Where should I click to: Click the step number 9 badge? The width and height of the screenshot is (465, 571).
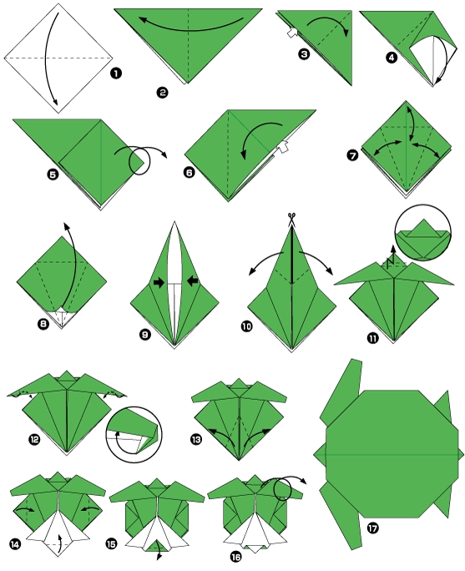(145, 336)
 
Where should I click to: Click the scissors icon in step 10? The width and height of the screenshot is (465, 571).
(292, 219)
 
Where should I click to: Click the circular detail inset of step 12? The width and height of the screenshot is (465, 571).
(134, 433)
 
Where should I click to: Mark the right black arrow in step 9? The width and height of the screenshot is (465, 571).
(191, 280)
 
